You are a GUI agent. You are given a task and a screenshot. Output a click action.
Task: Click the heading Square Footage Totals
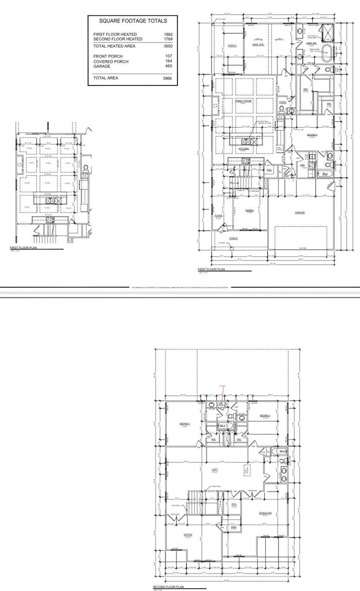(x=133, y=21)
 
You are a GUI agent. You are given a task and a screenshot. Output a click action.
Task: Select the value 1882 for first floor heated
(x=168, y=34)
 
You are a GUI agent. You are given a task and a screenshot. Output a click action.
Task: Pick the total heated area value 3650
(x=168, y=46)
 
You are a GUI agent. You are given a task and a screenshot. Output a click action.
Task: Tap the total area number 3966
(x=167, y=78)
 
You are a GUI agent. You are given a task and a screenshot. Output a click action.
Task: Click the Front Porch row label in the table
(x=108, y=56)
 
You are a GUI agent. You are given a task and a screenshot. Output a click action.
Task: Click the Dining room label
(x=249, y=210)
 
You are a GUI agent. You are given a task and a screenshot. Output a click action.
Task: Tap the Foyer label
(x=218, y=216)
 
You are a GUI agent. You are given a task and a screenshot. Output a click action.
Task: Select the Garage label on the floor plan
(x=300, y=212)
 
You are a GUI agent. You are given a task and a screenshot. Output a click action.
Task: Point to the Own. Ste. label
(x=258, y=45)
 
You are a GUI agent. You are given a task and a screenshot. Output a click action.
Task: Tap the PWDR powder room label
(x=282, y=102)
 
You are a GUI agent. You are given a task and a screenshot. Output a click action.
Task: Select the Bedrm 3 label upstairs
(x=185, y=424)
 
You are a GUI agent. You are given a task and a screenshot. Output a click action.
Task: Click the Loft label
(x=214, y=469)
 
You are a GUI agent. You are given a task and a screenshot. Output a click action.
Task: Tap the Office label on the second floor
(x=188, y=535)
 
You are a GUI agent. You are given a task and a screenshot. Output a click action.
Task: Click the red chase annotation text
(x=222, y=386)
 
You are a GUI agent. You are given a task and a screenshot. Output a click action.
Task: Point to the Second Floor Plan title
(x=168, y=587)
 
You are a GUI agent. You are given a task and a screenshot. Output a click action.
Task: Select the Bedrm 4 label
(x=265, y=416)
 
